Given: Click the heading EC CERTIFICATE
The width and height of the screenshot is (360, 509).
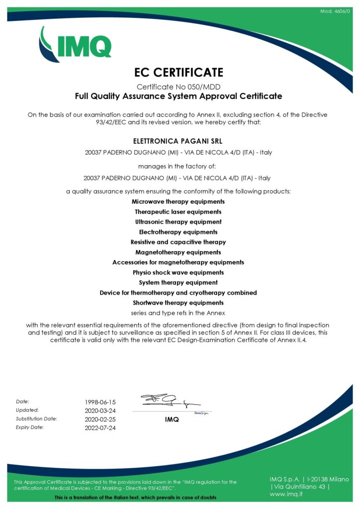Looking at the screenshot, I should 179,73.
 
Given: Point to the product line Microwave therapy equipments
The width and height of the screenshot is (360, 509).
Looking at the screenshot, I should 178,202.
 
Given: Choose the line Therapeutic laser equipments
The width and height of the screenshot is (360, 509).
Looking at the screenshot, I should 178,212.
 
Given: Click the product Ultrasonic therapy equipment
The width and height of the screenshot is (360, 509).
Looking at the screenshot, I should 178,222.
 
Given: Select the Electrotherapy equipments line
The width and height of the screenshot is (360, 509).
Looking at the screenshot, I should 178,232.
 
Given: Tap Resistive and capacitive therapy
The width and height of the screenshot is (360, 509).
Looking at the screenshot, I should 178,242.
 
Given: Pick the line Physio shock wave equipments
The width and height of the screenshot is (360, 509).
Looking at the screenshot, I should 178,272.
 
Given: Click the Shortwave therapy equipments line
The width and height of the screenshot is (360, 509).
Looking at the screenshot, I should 178,303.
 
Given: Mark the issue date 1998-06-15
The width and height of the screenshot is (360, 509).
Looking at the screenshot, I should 100,402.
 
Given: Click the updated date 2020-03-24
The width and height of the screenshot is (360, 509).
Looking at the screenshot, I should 100,411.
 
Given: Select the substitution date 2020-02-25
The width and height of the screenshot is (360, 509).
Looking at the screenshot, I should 100,419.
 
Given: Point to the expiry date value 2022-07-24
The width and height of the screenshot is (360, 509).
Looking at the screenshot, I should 100,428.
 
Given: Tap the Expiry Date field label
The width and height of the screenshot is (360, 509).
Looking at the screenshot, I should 30,427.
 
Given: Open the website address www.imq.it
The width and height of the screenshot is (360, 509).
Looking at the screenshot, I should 287,494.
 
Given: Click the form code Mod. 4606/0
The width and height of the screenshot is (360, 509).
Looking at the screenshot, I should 335,10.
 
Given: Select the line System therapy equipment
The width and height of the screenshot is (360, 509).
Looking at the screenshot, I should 178,282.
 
